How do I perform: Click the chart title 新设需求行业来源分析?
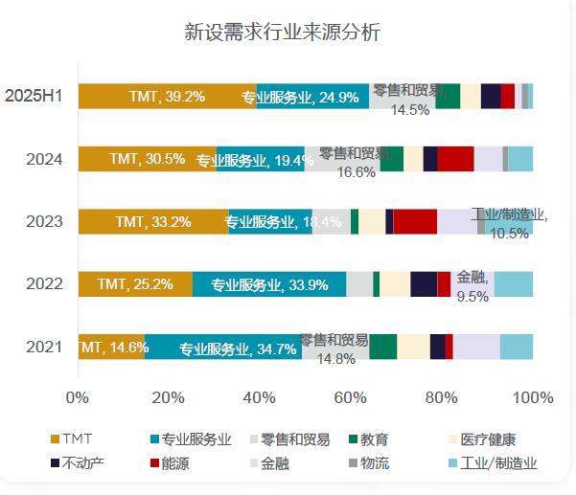tap(282, 32)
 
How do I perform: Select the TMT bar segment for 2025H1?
tap(167, 96)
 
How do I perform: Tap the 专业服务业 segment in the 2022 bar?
tap(269, 284)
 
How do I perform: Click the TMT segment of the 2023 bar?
tap(153, 221)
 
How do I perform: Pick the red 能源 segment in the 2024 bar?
tap(455, 159)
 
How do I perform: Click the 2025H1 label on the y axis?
tap(34, 96)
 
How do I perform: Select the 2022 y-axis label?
tap(44, 284)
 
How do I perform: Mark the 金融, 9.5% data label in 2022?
tap(473, 285)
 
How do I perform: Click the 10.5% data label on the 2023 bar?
tap(509, 234)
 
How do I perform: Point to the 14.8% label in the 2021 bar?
tap(334, 359)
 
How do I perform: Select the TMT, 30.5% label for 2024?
tap(148, 159)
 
